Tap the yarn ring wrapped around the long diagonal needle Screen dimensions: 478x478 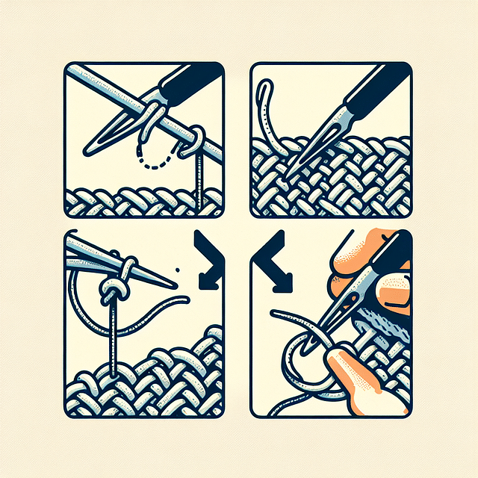(193, 138)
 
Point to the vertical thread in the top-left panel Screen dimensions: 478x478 (198, 179)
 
